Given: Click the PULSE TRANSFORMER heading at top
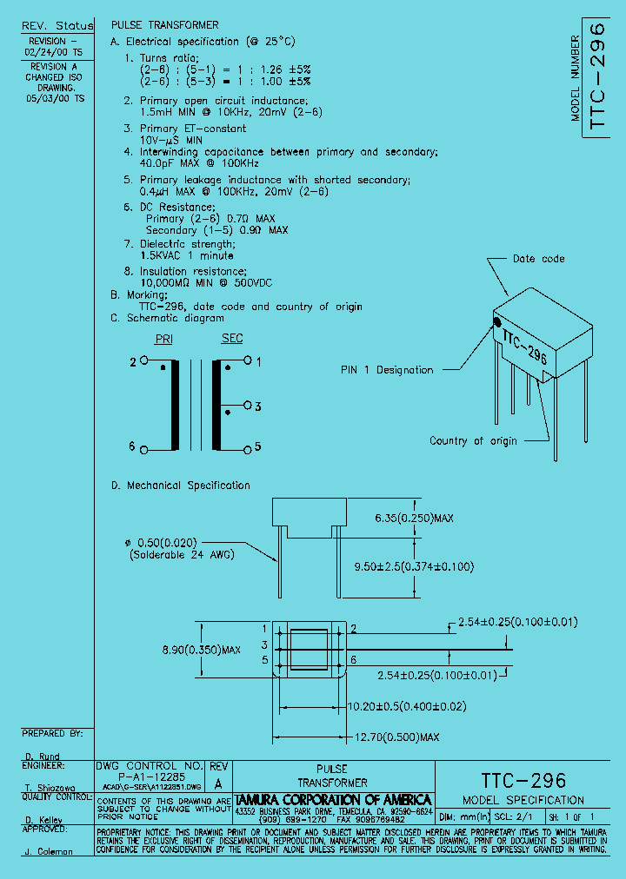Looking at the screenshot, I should click(165, 25).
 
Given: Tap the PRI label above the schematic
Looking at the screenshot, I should click(163, 339).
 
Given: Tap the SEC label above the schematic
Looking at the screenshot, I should click(232, 339).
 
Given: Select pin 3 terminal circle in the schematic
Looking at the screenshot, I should click(248, 406).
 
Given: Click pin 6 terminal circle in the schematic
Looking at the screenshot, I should click(144, 447).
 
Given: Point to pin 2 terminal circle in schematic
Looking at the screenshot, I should click(144, 360).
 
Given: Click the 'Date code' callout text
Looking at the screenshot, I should click(538, 259).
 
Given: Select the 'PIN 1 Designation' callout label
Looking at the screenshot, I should click(386, 370).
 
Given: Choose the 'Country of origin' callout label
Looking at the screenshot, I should click(473, 441).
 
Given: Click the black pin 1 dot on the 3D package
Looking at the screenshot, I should click(497, 322).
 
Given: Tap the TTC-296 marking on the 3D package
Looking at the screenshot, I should click(524, 345).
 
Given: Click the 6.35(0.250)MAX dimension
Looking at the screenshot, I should click(414, 519).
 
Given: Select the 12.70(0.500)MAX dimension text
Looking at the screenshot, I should click(396, 737).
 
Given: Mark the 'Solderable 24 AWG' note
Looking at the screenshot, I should click(182, 554).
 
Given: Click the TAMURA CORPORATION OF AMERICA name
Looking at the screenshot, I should click(333, 799).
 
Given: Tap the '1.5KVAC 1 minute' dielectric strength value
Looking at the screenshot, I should click(186, 256).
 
